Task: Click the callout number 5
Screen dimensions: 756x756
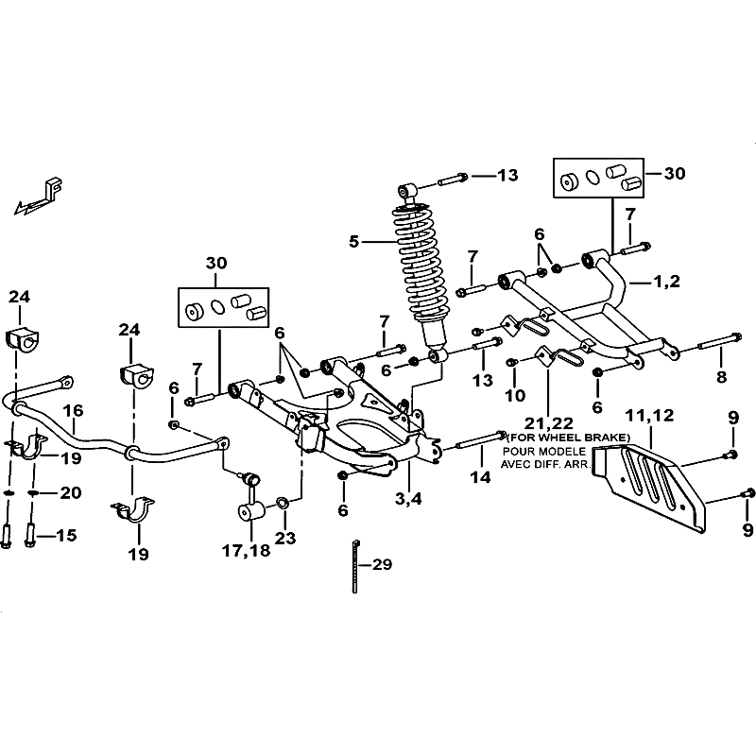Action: point(353,241)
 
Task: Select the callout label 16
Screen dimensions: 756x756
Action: point(74,410)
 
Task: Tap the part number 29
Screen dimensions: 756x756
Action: point(383,563)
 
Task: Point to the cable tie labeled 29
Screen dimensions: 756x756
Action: point(355,566)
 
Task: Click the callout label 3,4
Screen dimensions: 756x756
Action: point(408,498)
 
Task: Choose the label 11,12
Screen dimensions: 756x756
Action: point(649,415)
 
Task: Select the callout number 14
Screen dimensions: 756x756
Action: point(480,477)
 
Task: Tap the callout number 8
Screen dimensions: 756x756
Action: point(721,376)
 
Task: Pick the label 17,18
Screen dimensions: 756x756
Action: point(246,550)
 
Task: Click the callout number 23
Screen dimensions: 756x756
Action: point(285,538)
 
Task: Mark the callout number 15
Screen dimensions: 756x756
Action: point(66,535)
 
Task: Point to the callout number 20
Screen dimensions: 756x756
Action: point(70,492)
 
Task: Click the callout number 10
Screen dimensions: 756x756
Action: point(515,395)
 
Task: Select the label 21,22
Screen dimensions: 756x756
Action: point(549,422)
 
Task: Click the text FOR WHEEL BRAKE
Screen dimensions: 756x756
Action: point(569,438)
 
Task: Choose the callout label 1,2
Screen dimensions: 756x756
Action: point(667,281)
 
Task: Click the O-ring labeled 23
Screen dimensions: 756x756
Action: point(283,504)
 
